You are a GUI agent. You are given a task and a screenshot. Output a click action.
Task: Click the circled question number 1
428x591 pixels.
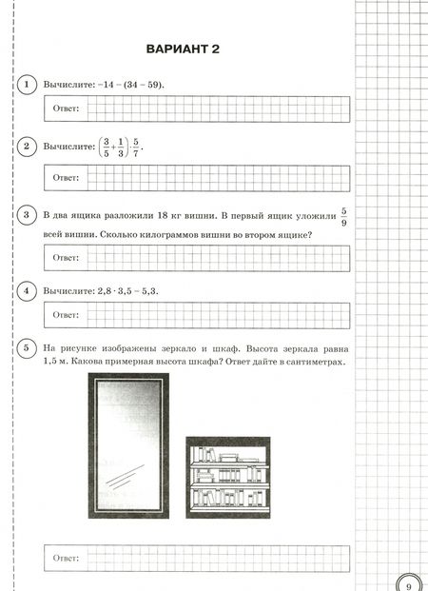(x=29, y=85)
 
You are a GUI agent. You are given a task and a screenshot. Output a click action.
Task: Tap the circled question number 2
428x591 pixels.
(x=29, y=147)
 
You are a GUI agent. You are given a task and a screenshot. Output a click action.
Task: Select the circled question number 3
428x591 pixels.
(x=29, y=216)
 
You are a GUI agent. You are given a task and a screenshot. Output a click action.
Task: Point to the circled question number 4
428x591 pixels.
(x=29, y=289)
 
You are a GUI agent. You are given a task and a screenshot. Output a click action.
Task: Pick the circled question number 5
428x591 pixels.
(x=29, y=346)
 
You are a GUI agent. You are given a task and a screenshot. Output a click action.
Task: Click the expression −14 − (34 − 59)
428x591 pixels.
(x=129, y=85)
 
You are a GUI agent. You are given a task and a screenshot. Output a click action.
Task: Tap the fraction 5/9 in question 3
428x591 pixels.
(x=344, y=217)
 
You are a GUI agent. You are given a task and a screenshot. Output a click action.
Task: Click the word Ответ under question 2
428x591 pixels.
(x=67, y=178)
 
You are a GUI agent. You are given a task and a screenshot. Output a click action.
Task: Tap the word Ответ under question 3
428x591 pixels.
(x=67, y=258)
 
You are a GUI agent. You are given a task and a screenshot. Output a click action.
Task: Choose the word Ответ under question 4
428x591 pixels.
(x=67, y=314)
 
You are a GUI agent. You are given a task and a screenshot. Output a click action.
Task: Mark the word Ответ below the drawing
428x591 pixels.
(x=67, y=555)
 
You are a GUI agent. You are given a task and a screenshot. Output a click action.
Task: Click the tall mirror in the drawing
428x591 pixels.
(x=128, y=445)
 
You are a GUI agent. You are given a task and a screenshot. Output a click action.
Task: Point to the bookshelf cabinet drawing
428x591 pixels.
(x=227, y=477)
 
